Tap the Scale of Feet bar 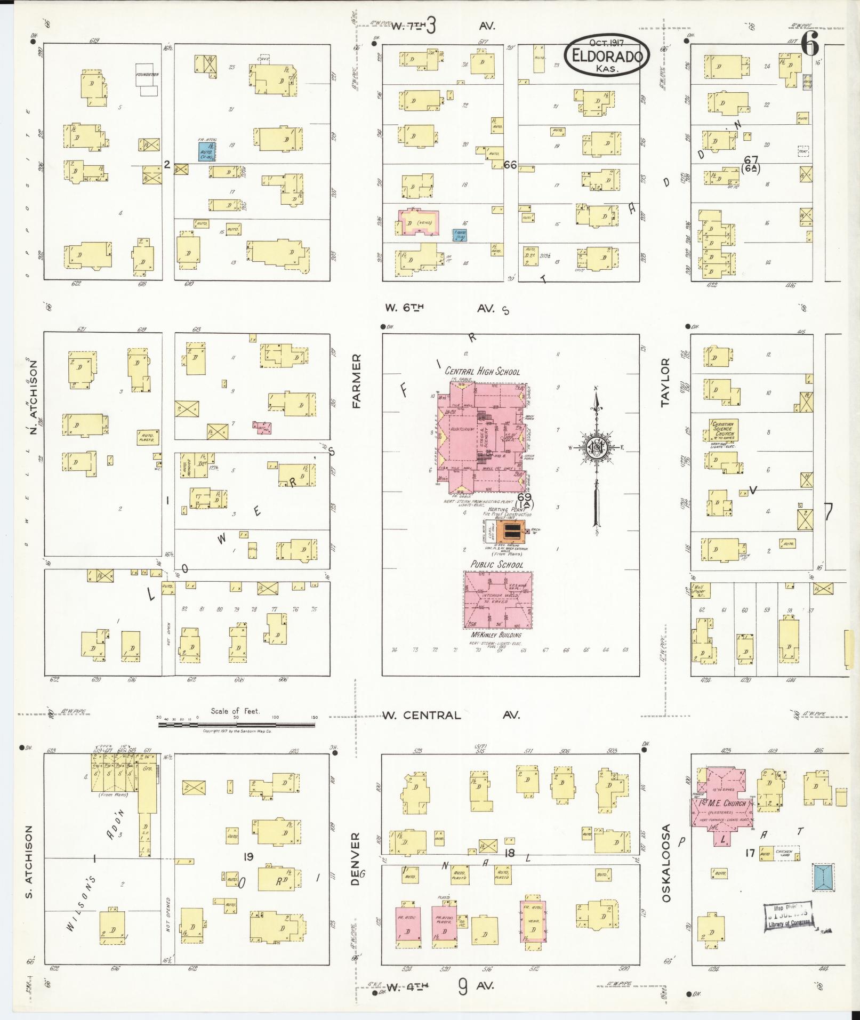(x=236, y=718)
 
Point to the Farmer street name (x=356, y=381)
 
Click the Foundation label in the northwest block (x=147, y=75)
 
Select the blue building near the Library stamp (x=824, y=878)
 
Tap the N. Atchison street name (x=34, y=397)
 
